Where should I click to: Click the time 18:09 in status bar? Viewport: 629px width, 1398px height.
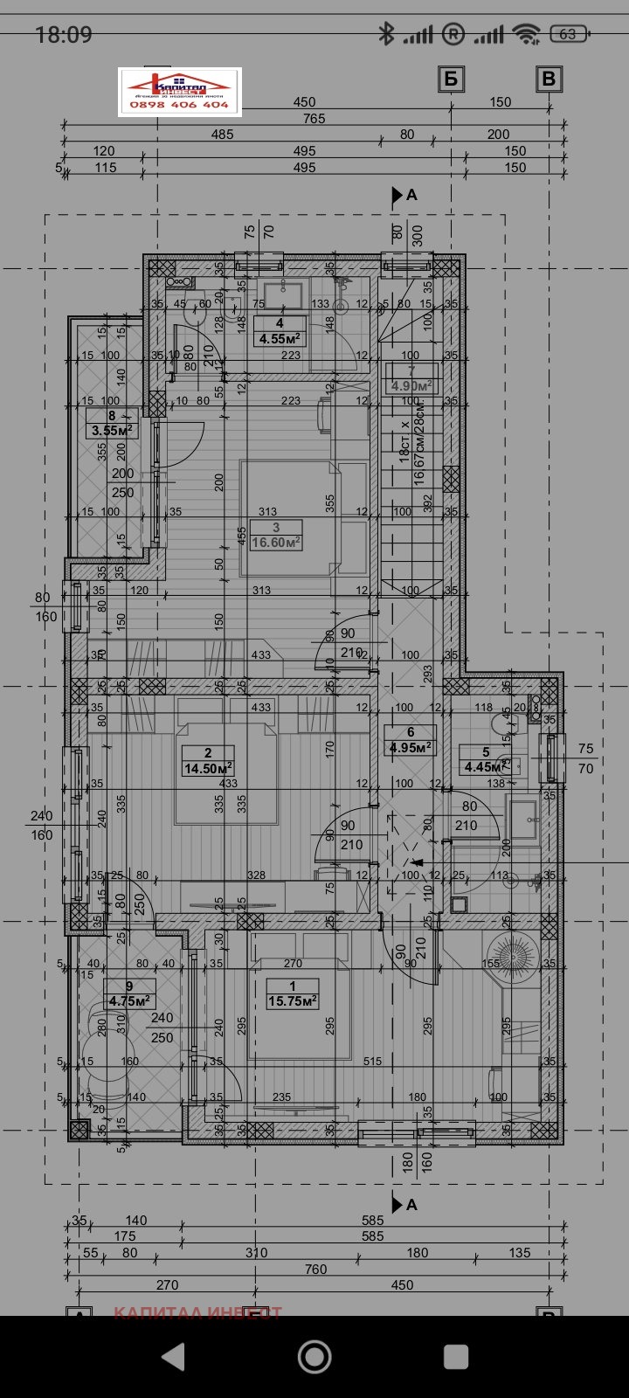pos(63,34)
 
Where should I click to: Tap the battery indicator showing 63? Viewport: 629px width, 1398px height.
pos(569,34)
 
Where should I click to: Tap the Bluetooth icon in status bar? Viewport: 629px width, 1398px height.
pos(385,34)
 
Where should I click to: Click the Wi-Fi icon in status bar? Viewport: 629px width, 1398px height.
pos(526,34)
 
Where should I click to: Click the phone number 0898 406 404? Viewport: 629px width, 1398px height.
pos(179,105)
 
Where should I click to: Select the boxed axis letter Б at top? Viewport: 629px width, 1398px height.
pos(450,79)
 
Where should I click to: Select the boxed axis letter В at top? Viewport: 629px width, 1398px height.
pos(549,79)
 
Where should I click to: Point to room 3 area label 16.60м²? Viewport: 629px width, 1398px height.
pos(275,542)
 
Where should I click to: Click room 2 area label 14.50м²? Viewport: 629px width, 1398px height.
pos(207,769)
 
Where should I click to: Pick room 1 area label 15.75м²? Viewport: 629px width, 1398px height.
pos(292,1001)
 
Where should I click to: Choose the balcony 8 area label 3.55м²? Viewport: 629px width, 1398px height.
pos(111,430)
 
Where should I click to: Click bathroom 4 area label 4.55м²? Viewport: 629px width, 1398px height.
pos(279,339)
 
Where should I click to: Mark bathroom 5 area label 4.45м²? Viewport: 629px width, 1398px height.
pos(485,767)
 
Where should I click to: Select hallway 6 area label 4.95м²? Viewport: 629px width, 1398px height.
pos(410,748)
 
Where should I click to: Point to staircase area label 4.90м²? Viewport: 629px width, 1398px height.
pos(411,385)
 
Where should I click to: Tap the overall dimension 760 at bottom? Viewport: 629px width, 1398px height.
pos(315,1269)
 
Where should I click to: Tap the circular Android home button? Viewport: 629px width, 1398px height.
pos(314,1356)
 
